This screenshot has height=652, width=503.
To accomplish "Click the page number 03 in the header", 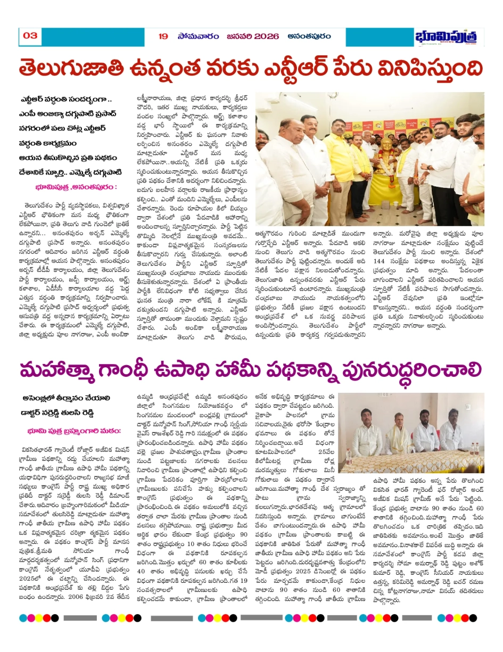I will click(30, 36).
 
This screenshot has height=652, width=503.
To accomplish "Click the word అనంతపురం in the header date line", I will click(308, 36).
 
